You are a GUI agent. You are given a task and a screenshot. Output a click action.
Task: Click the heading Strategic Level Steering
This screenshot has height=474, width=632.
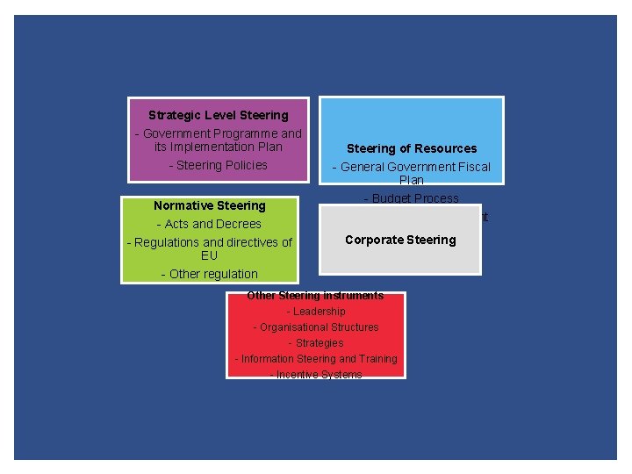coord(218,115)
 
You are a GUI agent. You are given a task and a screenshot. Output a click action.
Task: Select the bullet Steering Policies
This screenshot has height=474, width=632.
coord(218,165)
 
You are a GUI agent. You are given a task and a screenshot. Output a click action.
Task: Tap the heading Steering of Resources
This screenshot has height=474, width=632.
coord(411,148)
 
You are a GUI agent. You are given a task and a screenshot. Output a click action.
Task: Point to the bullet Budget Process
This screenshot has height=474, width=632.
coord(411,198)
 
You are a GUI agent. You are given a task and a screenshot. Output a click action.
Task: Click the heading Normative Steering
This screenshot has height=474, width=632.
coord(209,205)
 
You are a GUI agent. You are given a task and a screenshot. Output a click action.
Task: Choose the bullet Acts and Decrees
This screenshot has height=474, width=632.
coord(209,224)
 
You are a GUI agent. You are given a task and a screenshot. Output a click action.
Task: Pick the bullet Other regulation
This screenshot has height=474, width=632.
coord(209,274)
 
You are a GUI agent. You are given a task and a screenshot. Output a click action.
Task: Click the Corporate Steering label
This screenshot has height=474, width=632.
coord(400,240)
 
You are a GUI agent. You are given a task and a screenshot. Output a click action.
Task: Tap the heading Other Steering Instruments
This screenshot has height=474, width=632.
coord(315,296)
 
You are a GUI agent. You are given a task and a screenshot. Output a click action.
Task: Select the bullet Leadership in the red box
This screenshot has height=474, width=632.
coord(316,312)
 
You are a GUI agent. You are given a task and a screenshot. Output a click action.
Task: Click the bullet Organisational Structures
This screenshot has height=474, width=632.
coord(316,327)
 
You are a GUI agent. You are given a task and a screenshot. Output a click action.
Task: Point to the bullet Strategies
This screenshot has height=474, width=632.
coord(316,343)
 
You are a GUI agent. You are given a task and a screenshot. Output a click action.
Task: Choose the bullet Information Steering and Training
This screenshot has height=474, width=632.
coord(316,359)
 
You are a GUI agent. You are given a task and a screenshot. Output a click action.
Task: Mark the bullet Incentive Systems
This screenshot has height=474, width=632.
coord(316,375)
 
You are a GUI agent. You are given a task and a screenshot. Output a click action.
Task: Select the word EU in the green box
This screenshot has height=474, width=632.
coord(209,255)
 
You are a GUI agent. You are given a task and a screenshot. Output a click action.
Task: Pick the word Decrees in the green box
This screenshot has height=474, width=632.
coord(239,224)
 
